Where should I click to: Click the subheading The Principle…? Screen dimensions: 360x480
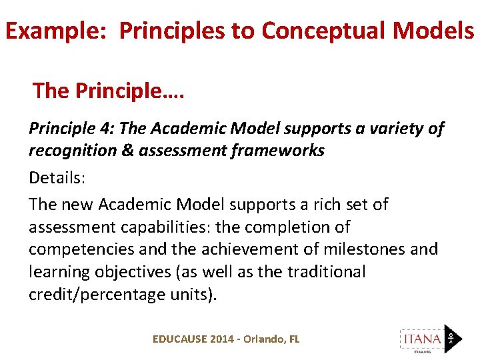(x=109, y=91)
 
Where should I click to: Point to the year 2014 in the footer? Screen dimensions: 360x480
(x=222, y=339)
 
